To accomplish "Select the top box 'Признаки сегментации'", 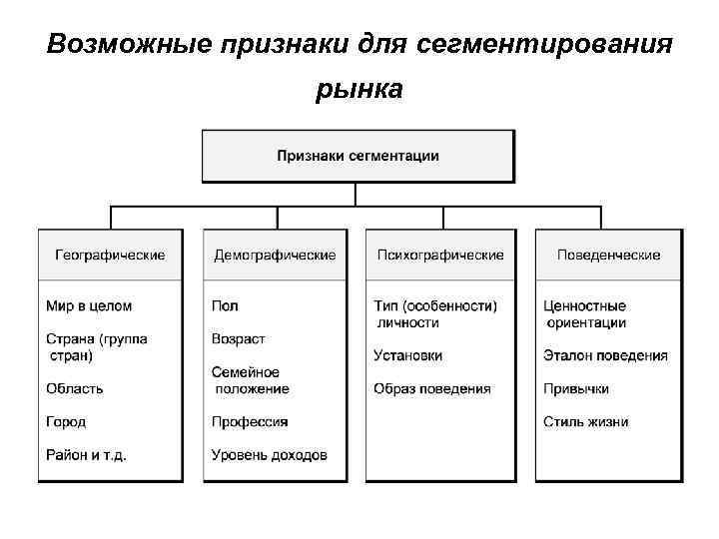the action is [358, 156].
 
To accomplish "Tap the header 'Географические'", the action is [110, 256].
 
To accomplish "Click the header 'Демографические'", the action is [275, 256].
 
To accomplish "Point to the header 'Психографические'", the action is [440, 256].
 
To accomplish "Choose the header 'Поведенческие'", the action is [608, 256].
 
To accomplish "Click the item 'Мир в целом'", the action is [89, 305].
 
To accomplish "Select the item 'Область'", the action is [75, 388].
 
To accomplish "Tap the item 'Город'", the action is [66, 421].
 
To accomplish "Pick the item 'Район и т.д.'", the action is [86, 455].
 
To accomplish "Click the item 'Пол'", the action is [225, 305].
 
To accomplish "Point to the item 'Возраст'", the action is [239, 339].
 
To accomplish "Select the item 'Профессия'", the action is [250, 421].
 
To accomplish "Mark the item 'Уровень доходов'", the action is [269, 455].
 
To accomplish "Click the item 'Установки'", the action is [407, 355].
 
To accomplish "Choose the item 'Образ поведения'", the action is [432, 388].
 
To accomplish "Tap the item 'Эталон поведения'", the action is [605, 355].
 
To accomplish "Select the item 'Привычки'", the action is [576, 388].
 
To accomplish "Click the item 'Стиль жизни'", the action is [586, 421].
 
